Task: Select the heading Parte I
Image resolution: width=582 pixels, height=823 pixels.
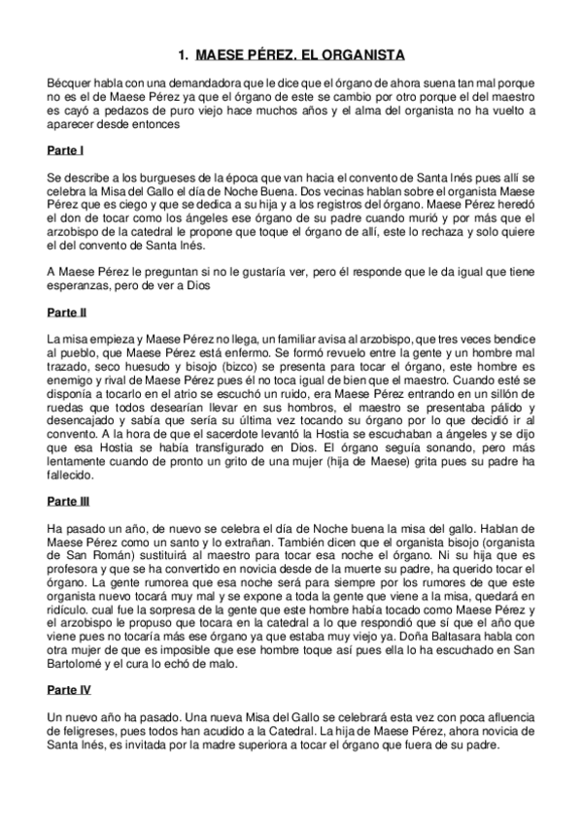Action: click(65, 151)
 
